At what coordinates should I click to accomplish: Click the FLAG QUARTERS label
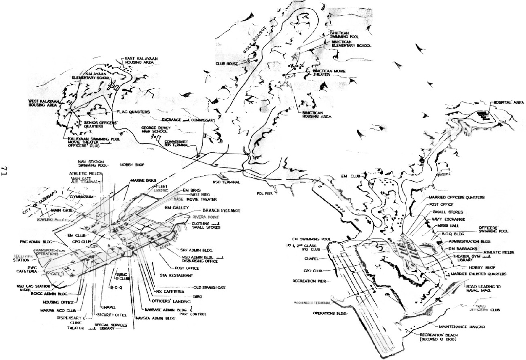click(133, 111)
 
